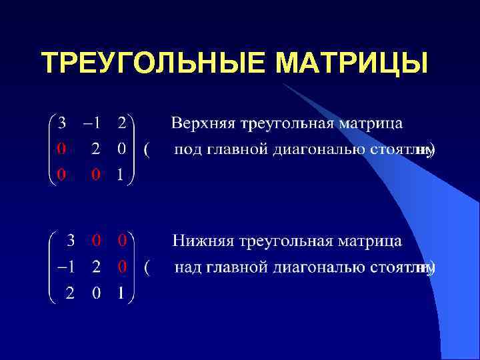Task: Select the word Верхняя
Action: point(203,124)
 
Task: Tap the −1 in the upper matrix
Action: point(91,123)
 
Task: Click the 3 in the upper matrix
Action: point(62,123)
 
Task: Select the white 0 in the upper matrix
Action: point(120,149)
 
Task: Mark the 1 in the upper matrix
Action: point(120,175)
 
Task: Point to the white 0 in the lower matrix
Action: point(97,294)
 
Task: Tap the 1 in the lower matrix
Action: point(121,294)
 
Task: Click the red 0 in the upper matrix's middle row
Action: point(61,149)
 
